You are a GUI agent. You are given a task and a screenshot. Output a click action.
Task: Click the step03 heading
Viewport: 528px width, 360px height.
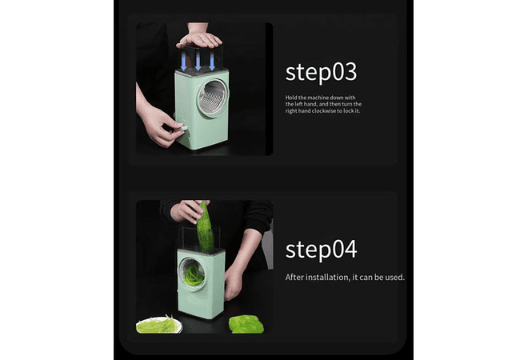pos(321,73)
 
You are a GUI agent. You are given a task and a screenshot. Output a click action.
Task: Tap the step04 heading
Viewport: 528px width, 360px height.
pos(321,250)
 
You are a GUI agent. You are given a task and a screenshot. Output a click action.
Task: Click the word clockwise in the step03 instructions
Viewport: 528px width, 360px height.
pos(324,110)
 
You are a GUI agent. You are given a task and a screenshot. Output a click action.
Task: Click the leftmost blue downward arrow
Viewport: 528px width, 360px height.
pos(183,61)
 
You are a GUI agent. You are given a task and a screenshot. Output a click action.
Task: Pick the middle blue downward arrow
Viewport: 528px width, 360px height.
pos(198,61)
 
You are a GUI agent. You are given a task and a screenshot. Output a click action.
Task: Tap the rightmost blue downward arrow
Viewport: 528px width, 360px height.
pos(212,61)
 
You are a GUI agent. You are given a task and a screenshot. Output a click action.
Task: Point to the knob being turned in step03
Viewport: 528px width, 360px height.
pos(183,128)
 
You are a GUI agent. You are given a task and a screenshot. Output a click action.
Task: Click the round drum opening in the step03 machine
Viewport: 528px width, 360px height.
pos(213,98)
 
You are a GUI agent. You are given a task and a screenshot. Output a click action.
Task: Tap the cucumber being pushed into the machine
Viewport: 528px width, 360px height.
pos(205,228)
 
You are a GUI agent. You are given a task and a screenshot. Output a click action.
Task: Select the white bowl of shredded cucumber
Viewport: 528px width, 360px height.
pos(159,325)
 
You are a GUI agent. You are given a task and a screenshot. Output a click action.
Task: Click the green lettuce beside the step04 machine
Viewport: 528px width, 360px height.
pos(246,324)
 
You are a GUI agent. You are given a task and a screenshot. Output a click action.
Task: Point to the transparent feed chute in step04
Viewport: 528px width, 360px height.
pos(201,238)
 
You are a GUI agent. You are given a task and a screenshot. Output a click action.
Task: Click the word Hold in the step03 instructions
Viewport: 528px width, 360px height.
pos(291,98)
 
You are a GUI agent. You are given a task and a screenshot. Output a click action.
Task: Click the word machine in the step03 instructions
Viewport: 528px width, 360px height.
pos(318,98)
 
